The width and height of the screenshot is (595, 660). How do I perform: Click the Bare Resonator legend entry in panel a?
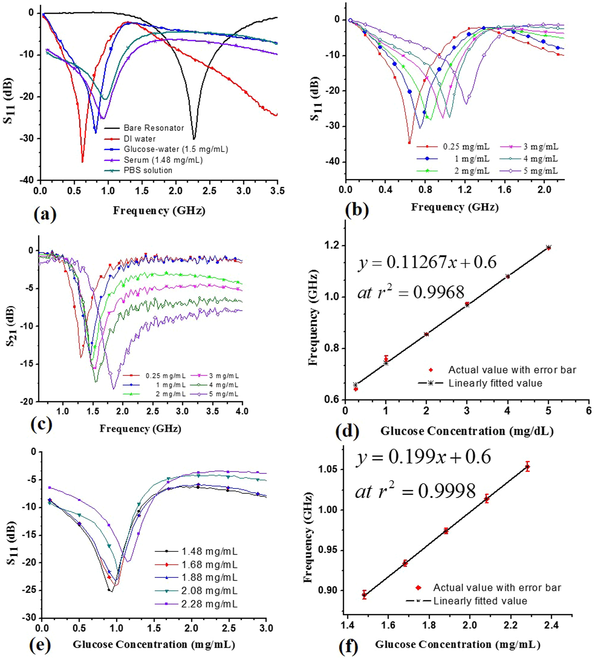[x=154, y=128]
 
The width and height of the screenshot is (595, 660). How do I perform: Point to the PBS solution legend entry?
[x=148, y=170]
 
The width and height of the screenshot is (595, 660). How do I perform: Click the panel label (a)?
[x=45, y=214]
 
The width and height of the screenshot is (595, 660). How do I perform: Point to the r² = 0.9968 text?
[x=411, y=292]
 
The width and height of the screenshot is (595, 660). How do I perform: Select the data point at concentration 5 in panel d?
[x=549, y=248]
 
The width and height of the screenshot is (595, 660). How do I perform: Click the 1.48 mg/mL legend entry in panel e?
[x=209, y=551]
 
